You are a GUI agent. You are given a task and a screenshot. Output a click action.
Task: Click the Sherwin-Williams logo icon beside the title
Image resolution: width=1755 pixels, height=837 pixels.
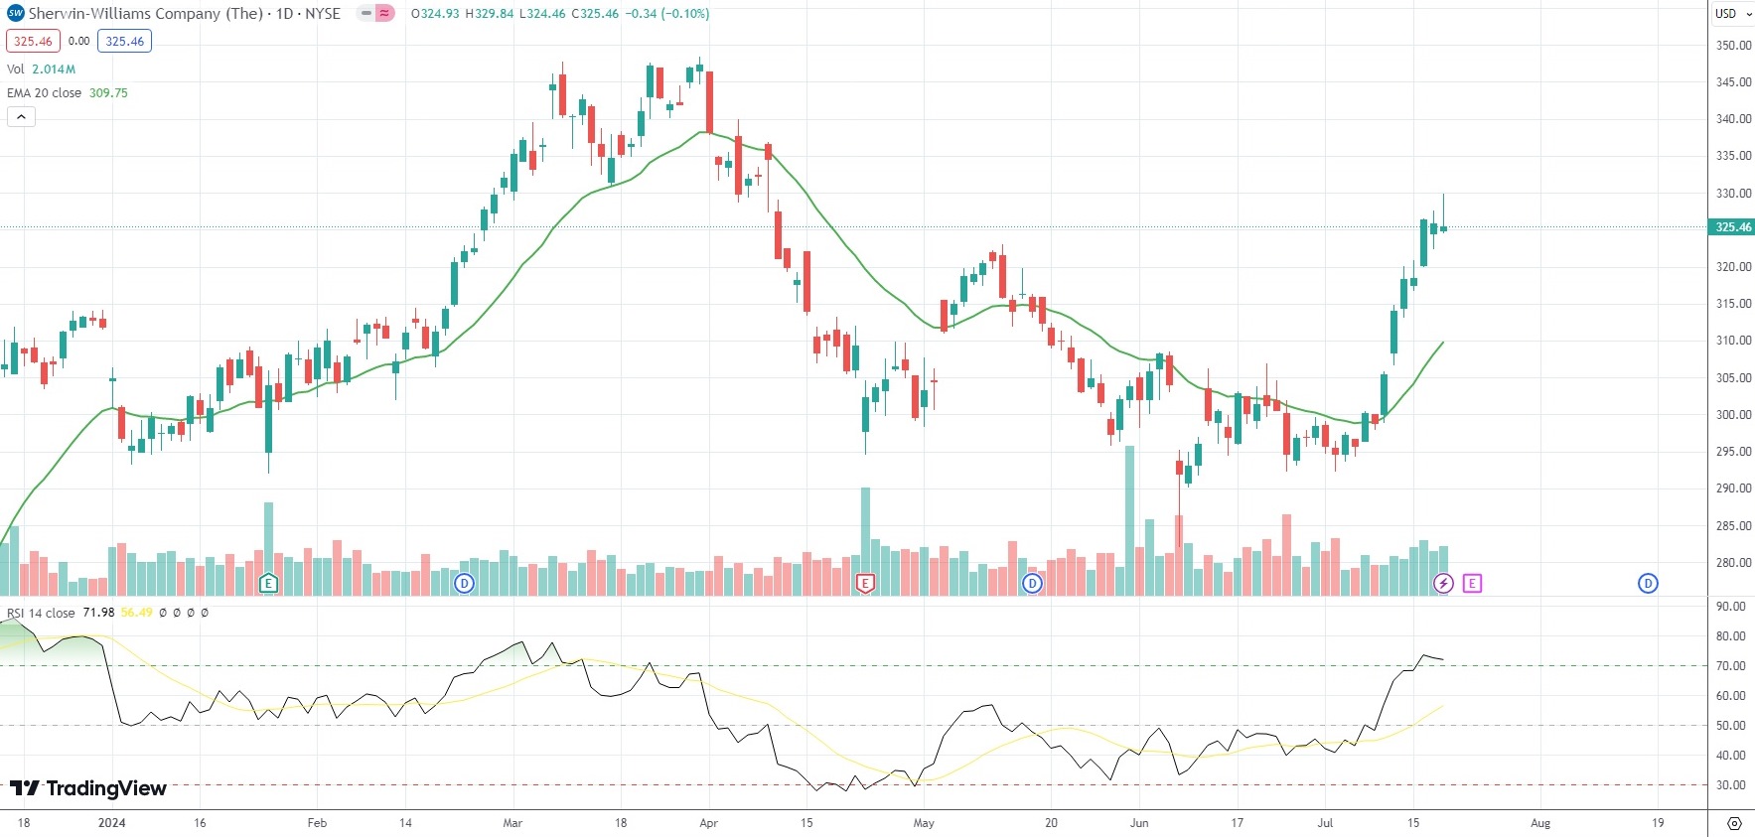[x=15, y=14]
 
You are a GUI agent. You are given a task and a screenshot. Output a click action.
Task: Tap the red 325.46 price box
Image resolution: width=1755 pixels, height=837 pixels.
[x=33, y=42]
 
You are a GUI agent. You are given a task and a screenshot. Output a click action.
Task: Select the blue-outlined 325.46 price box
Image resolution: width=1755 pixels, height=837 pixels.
[x=124, y=42]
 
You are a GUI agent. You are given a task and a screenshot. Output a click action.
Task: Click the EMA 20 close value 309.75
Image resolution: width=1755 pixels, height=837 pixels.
[x=108, y=93]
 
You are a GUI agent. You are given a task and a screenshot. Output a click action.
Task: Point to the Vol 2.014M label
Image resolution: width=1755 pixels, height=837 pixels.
[x=41, y=70]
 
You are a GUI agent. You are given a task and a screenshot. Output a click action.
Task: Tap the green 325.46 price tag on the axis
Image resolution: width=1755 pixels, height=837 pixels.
[x=1733, y=227]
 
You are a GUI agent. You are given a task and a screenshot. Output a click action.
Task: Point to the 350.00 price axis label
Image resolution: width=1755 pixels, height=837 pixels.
[x=1734, y=46]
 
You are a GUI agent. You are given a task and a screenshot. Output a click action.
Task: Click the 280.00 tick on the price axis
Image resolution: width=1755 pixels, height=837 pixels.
[x=1734, y=563]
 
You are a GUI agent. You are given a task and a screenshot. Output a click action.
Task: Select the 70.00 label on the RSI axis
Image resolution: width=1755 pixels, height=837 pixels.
[x=1731, y=666]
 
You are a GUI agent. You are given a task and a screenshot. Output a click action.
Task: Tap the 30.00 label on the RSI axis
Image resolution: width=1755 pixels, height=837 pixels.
[x=1731, y=785]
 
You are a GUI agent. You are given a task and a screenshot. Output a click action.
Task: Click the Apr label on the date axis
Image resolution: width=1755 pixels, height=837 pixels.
[x=708, y=823]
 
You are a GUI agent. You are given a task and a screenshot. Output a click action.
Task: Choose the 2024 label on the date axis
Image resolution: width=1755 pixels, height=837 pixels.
[x=112, y=823]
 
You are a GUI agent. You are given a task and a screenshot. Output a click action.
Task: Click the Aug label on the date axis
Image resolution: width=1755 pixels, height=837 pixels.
[x=1540, y=823]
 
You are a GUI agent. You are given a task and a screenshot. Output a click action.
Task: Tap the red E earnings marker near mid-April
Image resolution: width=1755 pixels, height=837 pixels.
[x=865, y=584]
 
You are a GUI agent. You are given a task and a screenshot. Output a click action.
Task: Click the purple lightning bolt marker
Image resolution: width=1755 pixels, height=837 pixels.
[x=1443, y=584]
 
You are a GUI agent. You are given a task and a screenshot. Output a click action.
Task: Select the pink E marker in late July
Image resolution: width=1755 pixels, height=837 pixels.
[x=1472, y=584]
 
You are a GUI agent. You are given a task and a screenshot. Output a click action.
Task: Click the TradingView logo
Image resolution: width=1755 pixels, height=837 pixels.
[x=88, y=788]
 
